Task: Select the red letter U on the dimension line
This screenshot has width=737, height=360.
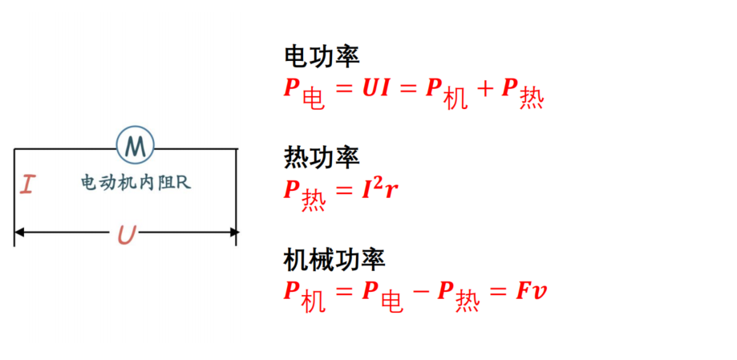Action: pos(127,235)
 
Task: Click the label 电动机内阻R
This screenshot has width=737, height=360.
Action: pos(136,182)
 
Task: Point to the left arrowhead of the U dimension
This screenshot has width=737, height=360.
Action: pos(19,233)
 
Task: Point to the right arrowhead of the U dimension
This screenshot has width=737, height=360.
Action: pos(234,233)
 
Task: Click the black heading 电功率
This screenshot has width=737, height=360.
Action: pos(322,57)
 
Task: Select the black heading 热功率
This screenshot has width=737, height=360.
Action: pos(322,157)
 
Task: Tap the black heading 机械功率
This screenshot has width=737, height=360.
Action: pos(334,259)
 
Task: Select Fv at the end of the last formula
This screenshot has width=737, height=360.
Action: pos(531,292)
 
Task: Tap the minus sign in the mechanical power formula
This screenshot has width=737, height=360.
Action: pos(419,292)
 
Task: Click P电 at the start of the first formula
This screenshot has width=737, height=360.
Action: pos(304,93)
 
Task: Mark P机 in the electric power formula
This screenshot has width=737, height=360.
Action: pos(447,93)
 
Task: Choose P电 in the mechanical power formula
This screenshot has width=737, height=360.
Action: pos(382,296)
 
